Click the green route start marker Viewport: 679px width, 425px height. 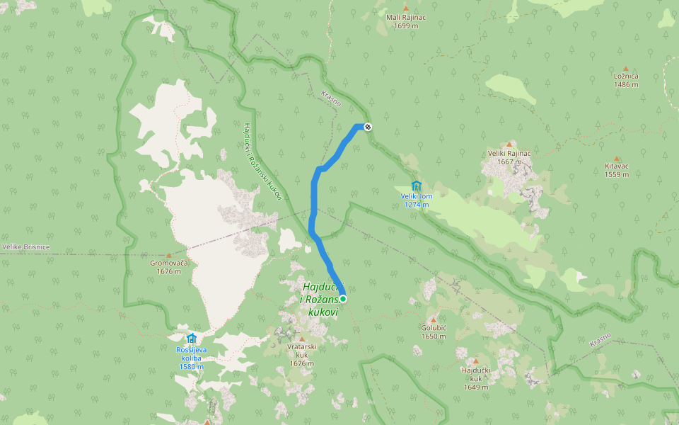[343, 299]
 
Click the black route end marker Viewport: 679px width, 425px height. [368, 127]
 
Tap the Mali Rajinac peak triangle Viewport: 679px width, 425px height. [406, 8]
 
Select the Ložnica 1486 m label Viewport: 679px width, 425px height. [626, 80]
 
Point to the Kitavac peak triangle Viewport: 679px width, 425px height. [617, 159]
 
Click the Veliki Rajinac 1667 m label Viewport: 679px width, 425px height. [509, 157]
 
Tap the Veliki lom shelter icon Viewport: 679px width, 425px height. [416, 186]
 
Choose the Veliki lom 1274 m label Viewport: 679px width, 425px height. [416, 200]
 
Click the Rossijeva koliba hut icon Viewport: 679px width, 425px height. [191, 339]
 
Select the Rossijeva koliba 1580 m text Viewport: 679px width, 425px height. [191, 358]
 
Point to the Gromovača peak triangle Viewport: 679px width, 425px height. [168, 256]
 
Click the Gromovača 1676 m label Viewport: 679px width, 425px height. [168, 267]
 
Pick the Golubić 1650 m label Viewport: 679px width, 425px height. [434, 331]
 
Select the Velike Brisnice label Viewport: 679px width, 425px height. [25, 246]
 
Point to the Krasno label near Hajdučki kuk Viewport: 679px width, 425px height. [600, 340]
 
